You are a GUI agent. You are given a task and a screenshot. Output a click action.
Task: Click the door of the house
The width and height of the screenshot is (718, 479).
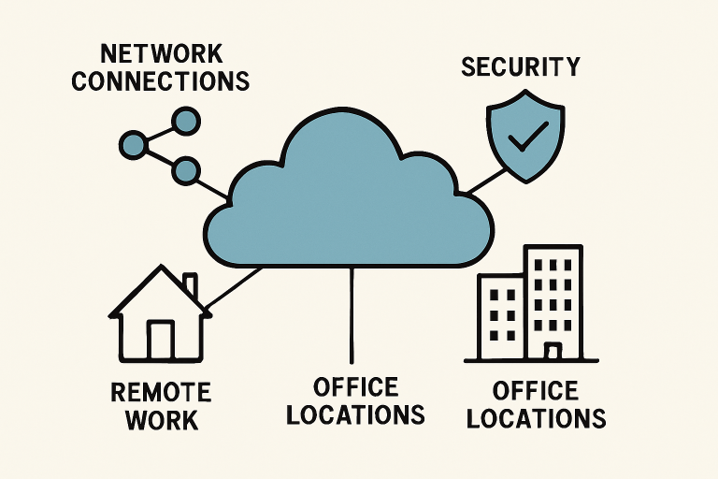click(160, 339)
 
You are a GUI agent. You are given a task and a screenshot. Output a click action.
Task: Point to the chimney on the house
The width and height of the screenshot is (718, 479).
click(190, 286)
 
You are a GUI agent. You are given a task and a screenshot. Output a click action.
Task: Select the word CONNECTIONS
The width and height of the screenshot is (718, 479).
click(160, 80)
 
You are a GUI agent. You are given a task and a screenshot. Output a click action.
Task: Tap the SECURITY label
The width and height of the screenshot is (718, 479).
click(520, 66)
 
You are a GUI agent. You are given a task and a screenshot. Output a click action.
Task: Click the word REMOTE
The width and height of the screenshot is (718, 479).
click(160, 390)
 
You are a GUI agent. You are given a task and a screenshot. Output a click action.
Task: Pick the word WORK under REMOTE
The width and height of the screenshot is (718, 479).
click(160, 418)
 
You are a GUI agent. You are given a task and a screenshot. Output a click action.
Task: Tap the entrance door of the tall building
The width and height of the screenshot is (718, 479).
click(553, 352)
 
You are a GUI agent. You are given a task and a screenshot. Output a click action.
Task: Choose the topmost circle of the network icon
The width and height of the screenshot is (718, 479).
click(187, 120)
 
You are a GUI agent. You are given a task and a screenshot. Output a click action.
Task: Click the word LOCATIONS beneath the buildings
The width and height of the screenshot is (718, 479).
click(536, 417)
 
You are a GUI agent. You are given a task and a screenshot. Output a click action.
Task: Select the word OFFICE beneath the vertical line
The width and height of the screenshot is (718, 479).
click(355, 385)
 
